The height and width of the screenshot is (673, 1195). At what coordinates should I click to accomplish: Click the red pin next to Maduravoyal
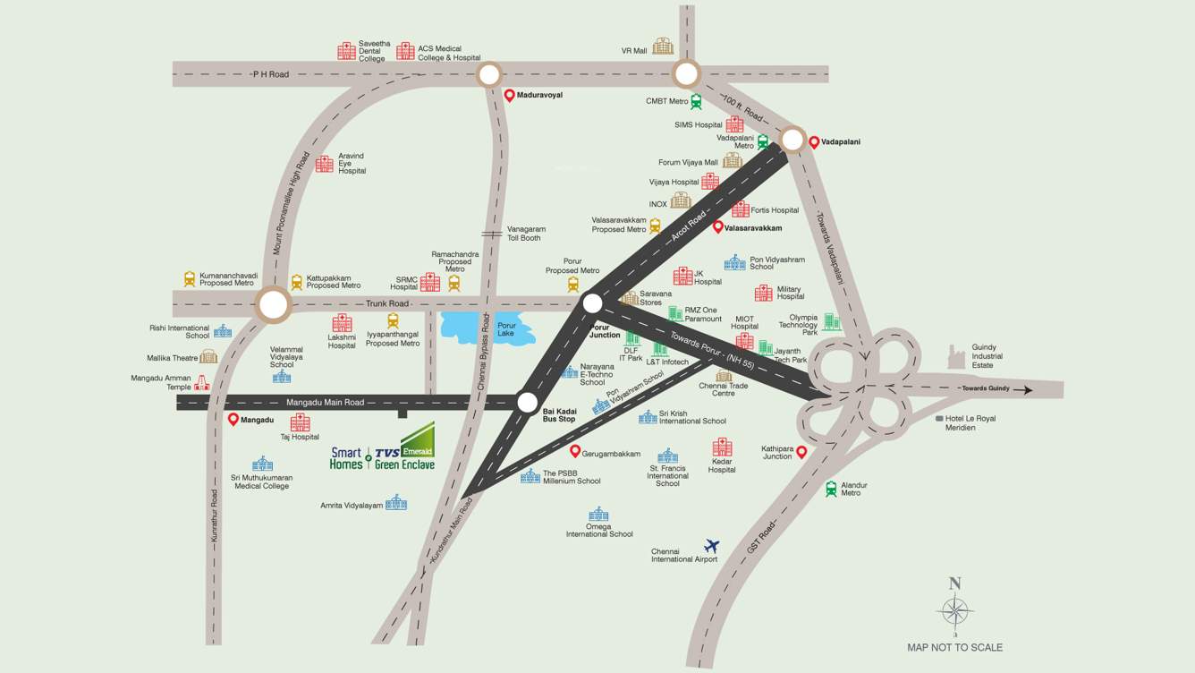(x=509, y=95)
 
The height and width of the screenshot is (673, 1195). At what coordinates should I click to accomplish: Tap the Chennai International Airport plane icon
(x=712, y=545)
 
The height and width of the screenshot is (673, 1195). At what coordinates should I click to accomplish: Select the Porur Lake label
(x=506, y=329)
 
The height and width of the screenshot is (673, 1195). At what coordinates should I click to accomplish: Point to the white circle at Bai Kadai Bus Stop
(x=528, y=402)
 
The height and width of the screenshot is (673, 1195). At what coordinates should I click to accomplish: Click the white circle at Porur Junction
(x=591, y=304)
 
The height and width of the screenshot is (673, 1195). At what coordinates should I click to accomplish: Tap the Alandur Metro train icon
(x=831, y=489)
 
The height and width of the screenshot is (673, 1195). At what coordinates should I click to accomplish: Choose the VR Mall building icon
(x=663, y=46)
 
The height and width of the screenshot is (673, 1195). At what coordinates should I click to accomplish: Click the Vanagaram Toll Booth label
(x=525, y=234)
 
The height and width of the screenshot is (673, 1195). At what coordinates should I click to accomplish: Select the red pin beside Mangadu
(x=233, y=419)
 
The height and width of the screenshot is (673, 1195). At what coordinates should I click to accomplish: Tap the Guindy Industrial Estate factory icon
(x=958, y=356)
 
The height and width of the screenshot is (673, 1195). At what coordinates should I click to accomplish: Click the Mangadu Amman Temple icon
(x=202, y=382)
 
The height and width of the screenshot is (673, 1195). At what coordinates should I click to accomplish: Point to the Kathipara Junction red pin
(x=801, y=453)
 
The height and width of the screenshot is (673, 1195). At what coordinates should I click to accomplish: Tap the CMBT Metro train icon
(x=696, y=102)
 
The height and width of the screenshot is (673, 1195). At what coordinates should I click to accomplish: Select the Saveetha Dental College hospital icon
(x=346, y=51)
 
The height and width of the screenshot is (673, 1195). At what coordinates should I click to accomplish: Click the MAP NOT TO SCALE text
(x=954, y=647)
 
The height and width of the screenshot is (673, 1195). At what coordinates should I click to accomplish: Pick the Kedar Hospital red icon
(x=722, y=447)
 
